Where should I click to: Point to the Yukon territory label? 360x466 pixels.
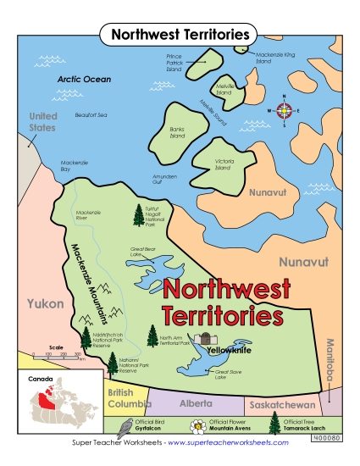pos(40,303)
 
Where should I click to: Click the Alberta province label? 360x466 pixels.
pos(196,403)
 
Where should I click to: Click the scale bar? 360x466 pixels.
pos(56,356)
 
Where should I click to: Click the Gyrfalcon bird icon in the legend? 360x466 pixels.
pos(125,426)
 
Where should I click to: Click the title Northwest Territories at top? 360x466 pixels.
pos(179,35)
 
